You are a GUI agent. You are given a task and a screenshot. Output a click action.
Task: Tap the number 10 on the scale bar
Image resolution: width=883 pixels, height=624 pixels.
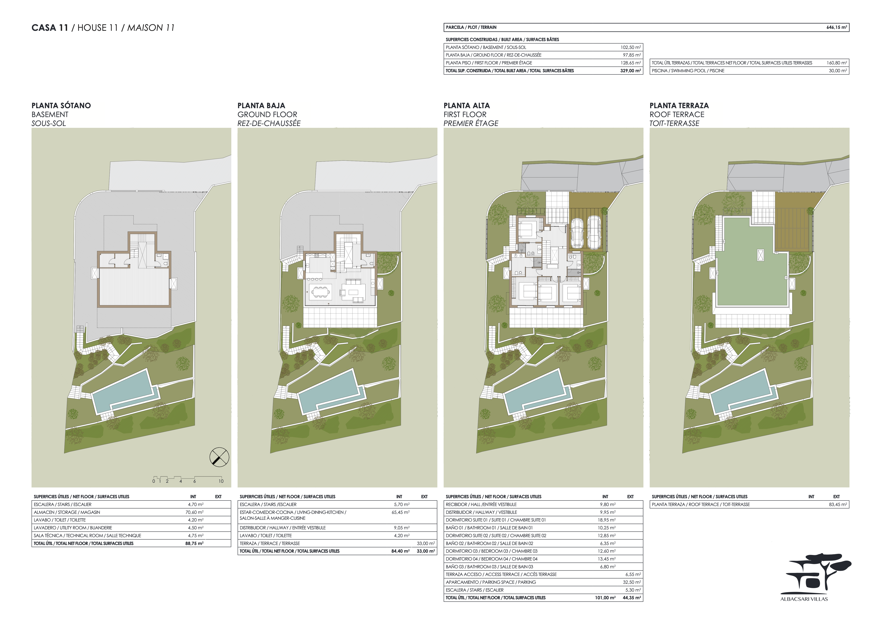point(221,481)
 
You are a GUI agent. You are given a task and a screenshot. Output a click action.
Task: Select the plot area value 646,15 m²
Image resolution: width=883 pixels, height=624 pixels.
point(837,27)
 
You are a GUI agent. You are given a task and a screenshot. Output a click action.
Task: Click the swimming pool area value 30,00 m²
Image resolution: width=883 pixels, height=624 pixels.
point(838,71)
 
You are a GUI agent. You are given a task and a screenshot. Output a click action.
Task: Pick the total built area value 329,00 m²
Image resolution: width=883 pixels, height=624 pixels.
point(630,71)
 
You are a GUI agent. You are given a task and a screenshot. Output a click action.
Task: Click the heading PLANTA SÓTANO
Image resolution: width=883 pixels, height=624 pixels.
point(61,105)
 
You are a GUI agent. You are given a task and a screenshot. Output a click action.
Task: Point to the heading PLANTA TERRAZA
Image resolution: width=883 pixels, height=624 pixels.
point(679,105)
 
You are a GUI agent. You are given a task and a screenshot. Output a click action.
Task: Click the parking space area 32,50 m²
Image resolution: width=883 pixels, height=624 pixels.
point(632,582)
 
